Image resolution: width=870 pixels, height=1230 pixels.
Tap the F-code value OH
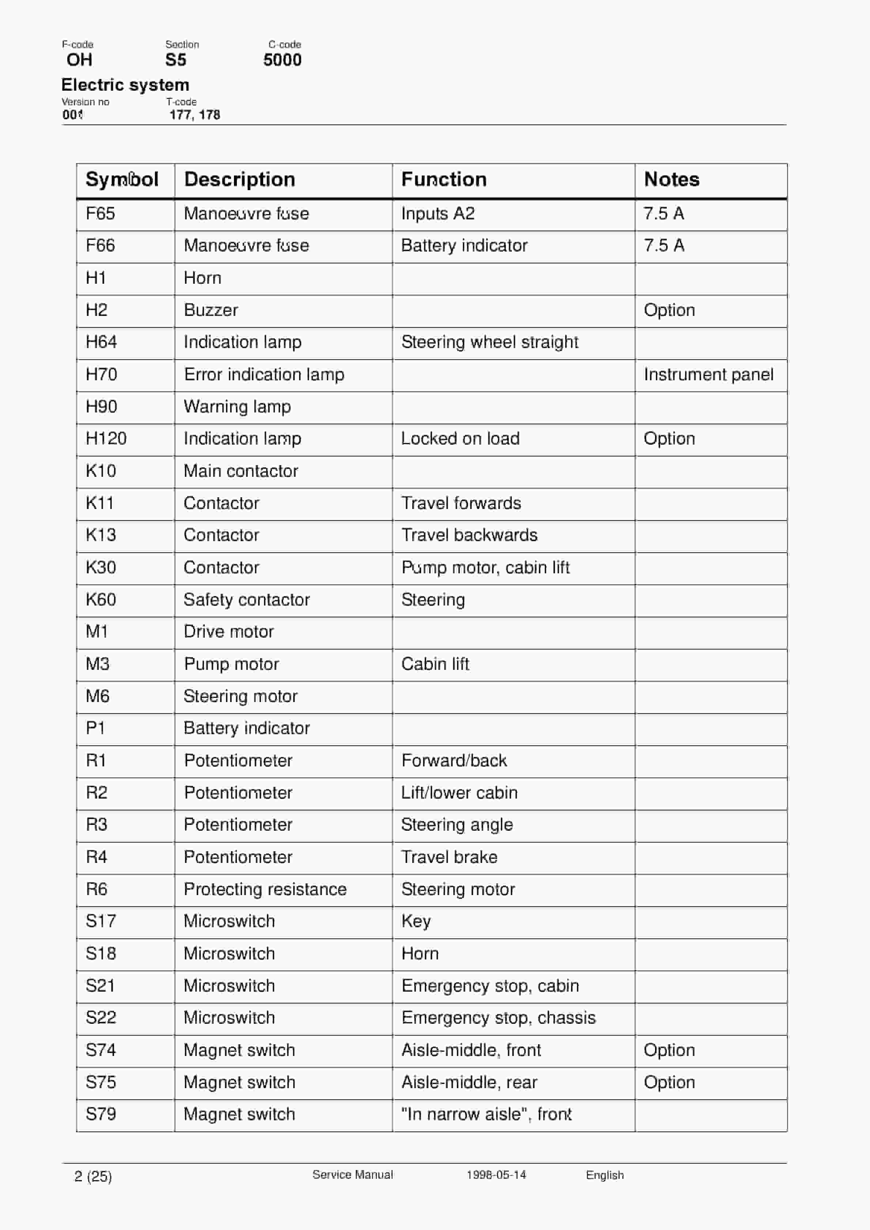pos(79,60)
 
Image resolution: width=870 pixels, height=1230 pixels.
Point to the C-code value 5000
pos(282,60)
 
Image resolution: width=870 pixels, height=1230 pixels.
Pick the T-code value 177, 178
pos(194,115)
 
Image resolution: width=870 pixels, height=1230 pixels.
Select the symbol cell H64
pos(101,342)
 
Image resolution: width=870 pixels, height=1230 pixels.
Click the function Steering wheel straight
pos(489,342)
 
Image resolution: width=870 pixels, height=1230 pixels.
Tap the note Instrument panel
pos(708,374)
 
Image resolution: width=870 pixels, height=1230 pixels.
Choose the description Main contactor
pos(241,471)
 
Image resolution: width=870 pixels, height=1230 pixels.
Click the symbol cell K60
pos(101,600)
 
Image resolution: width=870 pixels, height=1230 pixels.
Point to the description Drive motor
pos(229,631)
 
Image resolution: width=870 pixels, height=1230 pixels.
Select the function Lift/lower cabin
pos(459,793)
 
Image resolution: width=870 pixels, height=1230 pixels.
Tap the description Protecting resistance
pos(265,889)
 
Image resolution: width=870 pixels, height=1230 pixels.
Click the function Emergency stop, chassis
pos(498,1018)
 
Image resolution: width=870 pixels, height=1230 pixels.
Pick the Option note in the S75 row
pos(669,1082)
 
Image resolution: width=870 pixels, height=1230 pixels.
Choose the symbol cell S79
pos(101,1114)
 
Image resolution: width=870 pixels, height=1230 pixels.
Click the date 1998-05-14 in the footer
pos(496,1175)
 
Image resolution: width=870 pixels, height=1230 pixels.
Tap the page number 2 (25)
pos(93,1176)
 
